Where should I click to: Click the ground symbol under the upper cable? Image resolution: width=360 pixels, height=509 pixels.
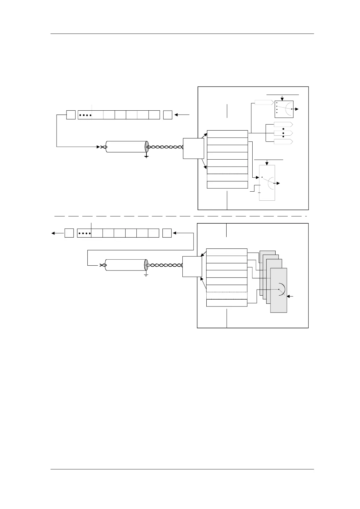tap(146, 156)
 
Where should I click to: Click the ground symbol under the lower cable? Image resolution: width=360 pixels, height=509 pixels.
tap(146, 275)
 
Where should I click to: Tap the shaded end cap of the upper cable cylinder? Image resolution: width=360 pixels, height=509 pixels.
tap(146, 147)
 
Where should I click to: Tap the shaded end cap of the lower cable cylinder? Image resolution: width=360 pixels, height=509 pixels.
tap(146, 265)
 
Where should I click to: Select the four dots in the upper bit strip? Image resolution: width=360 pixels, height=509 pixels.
tap(85, 115)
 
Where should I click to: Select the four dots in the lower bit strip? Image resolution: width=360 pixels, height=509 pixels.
tap(84, 233)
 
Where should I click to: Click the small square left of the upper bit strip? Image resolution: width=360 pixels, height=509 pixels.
tap(71, 115)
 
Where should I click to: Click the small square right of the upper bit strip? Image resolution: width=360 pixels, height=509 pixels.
tap(168, 115)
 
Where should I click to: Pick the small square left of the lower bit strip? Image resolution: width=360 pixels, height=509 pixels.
tap(69, 233)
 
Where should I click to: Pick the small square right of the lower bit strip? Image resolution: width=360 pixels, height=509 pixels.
tap(167, 233)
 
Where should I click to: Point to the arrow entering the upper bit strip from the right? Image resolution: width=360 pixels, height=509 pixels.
tap(182, 115)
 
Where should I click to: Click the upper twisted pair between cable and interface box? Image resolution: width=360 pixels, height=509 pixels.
tap(165, 147)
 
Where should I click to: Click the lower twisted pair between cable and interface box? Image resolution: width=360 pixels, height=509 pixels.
tap(165, 265)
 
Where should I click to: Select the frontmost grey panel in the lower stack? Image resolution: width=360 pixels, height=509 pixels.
tap(279, 290)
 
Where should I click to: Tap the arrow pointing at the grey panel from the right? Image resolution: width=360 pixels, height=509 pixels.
tap(291, 297)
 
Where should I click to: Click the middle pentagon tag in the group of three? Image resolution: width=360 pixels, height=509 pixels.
tap(283, 133)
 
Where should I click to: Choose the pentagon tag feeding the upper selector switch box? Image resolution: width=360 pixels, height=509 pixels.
tap(264, 102)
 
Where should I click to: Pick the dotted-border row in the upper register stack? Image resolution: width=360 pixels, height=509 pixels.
tap(227, 177)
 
